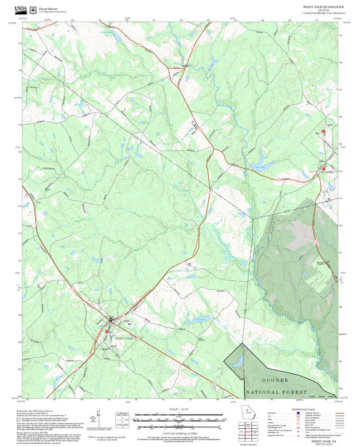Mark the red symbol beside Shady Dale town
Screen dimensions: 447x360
click(107, 331)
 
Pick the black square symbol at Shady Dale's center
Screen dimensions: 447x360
click(111, 319)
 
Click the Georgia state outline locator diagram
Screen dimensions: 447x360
click(245, 412)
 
